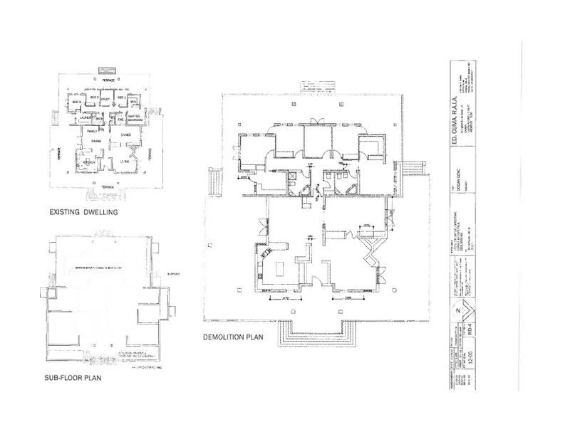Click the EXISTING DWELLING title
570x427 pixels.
pos(84,211)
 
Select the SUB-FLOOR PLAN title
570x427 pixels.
pos(73,378)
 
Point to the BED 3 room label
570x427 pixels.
pos(77,103)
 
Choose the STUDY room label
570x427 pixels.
pos(106,97)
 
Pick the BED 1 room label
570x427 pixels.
pos(121,97)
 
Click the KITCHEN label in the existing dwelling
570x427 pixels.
pos(89,162)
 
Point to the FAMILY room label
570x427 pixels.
pos(92,132)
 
